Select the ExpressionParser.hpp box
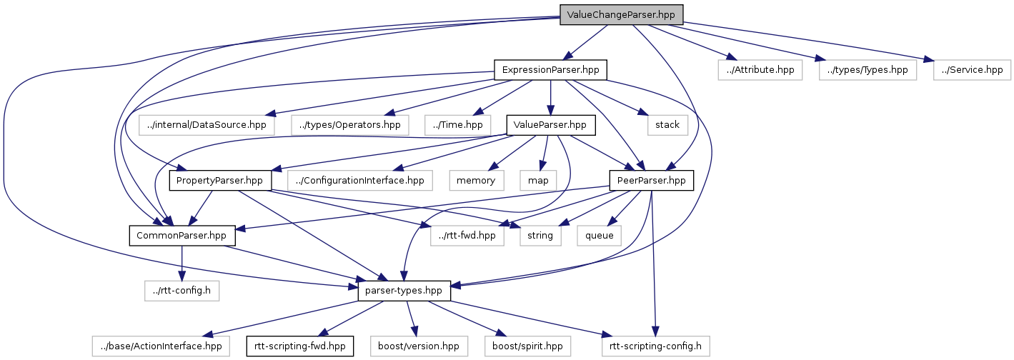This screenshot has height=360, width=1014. (550, 70)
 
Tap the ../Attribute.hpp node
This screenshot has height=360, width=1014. (760, 70)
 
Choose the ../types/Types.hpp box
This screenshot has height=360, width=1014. (868, 70)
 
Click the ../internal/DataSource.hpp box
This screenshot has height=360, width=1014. (206, 125)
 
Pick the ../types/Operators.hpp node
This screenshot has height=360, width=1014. (350, 125)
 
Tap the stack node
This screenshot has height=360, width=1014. (667, 125)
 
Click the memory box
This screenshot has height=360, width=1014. (477, 180)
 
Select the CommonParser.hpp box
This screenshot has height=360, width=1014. (182, 235)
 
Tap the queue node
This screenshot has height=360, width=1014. (600, 235)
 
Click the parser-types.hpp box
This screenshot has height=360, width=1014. (404, 291)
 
